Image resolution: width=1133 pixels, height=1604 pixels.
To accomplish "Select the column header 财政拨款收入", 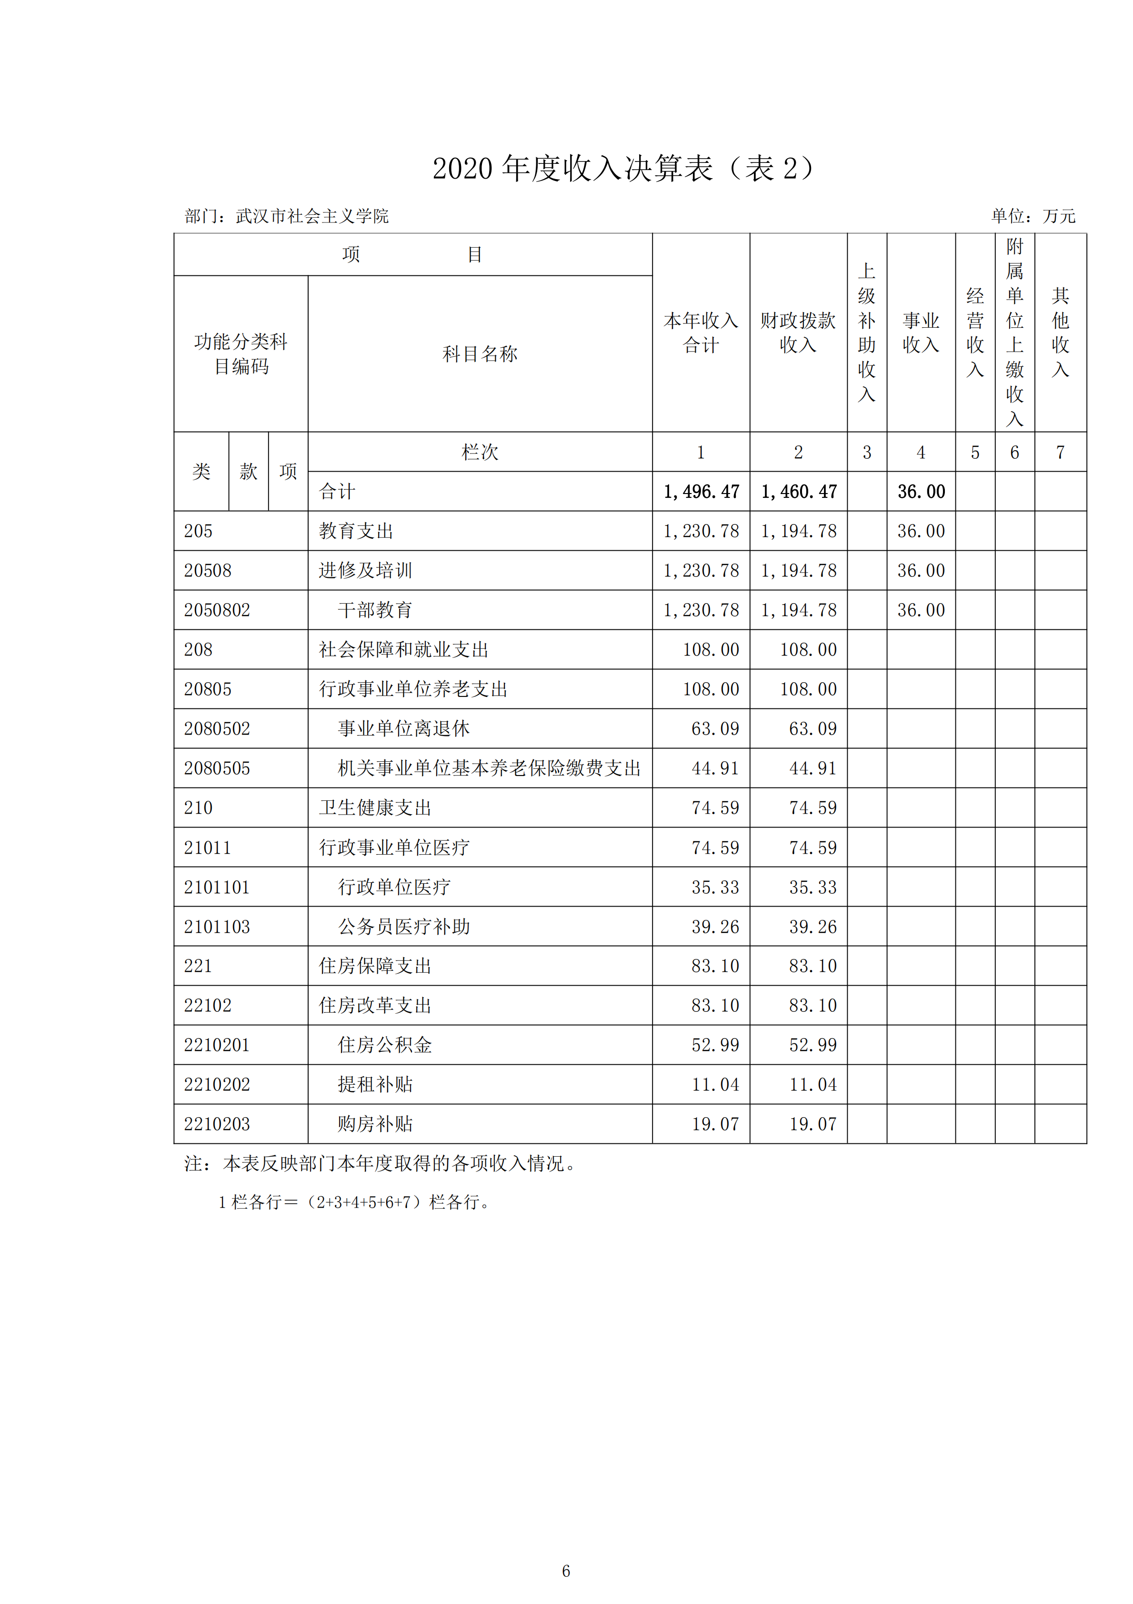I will [798, 333].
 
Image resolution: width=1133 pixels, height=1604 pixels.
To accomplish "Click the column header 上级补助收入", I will [866, 333].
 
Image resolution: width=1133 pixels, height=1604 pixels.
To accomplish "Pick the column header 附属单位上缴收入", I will [1014, 333].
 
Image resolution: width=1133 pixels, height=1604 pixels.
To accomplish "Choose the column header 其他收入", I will [1060, 333].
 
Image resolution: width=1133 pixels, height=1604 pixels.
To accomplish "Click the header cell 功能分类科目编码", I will [241, 353].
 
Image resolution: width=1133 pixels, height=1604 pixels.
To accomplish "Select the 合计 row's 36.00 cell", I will [921, 492].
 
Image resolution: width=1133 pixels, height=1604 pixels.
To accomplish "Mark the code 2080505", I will [217, 768].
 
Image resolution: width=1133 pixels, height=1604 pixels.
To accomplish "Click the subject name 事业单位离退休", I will [404, 729].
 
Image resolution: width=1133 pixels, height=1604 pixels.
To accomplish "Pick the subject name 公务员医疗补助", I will [404, 927].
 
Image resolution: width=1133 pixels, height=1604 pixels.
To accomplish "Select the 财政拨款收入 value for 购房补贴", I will [812, 1124].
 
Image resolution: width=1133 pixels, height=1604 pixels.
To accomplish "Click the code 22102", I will [208, 1006].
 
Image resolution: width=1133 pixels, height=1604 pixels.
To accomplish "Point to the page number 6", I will [566, 1571].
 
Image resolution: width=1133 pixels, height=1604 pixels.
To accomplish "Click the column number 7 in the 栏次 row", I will [1060, 453].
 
